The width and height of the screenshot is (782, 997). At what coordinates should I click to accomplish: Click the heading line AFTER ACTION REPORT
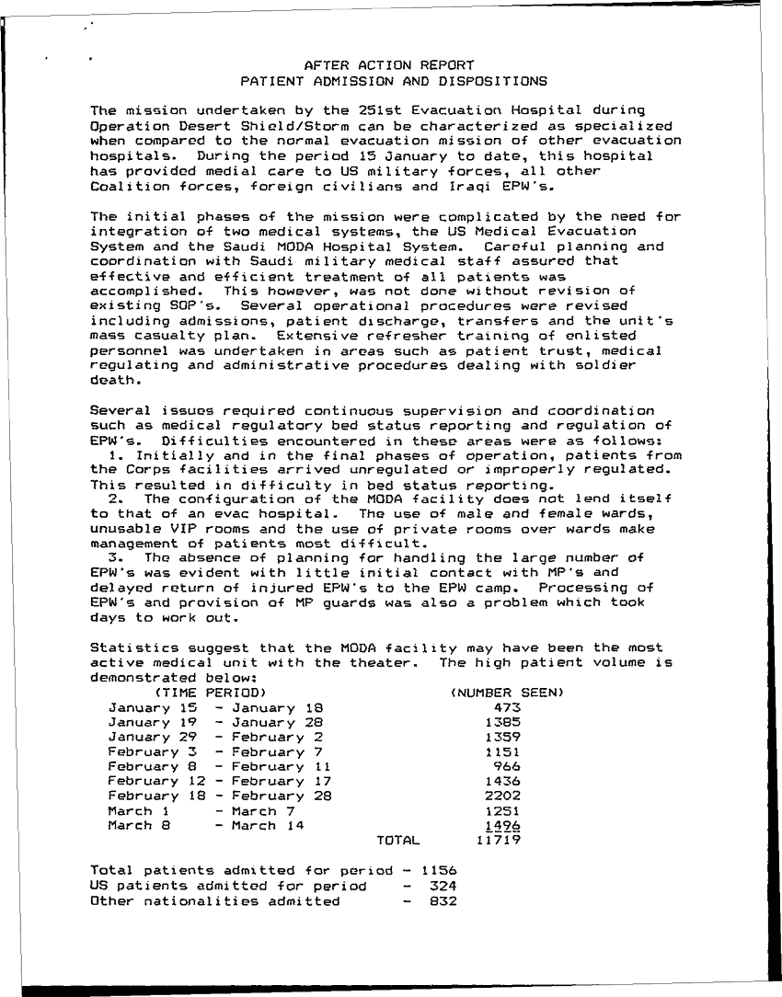(388, 65)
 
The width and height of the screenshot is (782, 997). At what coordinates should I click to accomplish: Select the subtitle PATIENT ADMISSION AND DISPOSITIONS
(388, 81)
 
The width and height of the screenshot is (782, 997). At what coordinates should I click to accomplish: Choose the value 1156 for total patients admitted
(439, 870)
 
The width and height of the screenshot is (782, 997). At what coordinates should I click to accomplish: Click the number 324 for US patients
(443, 885)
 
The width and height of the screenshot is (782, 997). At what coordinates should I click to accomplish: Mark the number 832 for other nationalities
(443, 900)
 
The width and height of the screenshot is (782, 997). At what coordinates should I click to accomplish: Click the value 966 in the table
(507, 766)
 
